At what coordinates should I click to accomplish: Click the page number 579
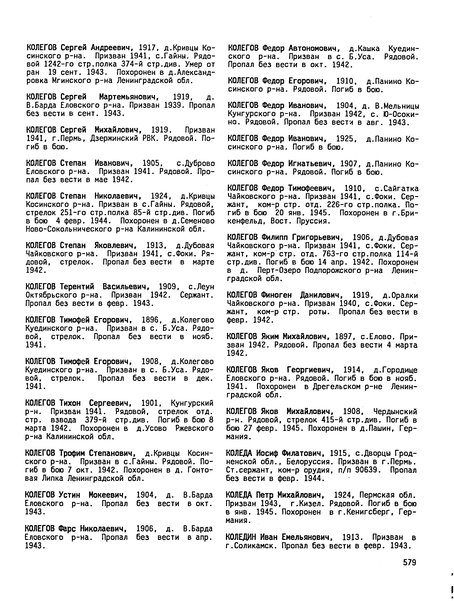click(x=410, y=562)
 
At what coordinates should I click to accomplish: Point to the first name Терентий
click(x=77, y=287)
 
